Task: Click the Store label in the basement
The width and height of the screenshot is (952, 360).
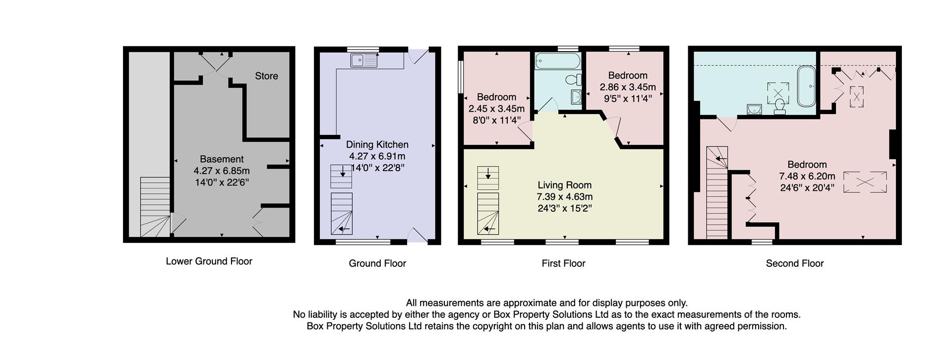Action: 266,76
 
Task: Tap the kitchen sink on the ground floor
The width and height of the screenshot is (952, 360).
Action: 364,60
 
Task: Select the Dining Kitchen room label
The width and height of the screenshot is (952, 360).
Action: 377,144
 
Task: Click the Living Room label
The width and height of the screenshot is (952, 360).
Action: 564,185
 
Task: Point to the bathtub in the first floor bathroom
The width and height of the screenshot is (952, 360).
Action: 557,61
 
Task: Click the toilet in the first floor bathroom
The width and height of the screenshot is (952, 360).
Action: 574,79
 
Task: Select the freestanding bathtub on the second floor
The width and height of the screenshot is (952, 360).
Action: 806,86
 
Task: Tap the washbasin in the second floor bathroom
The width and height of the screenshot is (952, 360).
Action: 754,109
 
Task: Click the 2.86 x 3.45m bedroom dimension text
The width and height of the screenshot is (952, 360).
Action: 628,87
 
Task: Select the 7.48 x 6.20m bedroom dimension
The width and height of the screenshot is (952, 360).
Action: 807,177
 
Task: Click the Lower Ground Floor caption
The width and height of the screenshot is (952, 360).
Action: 209,261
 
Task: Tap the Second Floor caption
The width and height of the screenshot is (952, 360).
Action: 794,263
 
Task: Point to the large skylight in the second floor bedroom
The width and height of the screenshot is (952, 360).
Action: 865,182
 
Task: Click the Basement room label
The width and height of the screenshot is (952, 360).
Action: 222,159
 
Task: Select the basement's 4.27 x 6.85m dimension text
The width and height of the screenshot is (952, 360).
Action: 222,171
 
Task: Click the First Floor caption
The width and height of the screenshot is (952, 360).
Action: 563,263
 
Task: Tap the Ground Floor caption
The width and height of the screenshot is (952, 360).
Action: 377,263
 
